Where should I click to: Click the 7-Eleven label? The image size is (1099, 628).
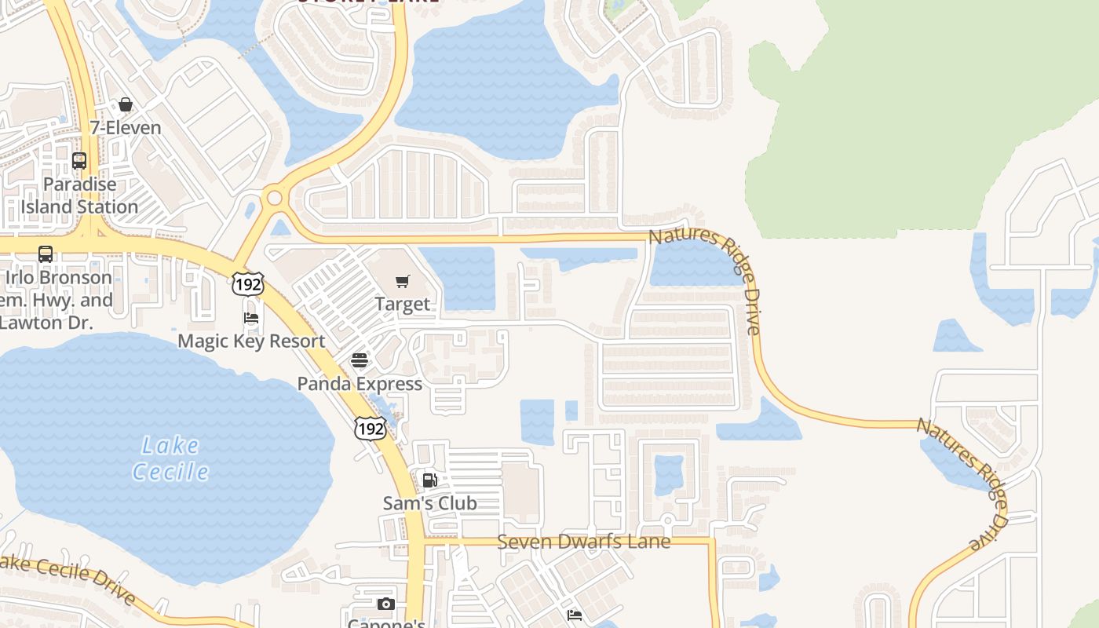click(x=126, y=128)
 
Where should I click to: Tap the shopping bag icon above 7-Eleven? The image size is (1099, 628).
click(x=126, y=104)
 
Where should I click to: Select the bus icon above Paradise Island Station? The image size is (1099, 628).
click(x=79, y=161)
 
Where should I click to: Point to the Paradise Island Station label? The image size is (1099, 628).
click(x=79, y=195)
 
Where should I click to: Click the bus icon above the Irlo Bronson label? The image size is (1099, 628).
click(x=46, y=254)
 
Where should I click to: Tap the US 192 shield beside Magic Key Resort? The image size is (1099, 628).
click(x=247, y=283)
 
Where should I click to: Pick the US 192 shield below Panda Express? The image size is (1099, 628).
click(x=370, y=428)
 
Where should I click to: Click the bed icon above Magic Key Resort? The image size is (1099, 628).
click(x=251, y=318)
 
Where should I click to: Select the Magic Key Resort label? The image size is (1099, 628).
click(x=251, y=341)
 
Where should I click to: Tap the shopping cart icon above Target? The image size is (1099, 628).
click(x=403, y=281)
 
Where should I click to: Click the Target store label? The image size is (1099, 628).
click(x=403, y=304)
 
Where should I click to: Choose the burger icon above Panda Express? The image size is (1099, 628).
click(x=360, y=360)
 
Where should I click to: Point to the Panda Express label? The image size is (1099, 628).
click(x=360, y=384)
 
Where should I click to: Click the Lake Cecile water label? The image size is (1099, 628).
click(x=170, y=458)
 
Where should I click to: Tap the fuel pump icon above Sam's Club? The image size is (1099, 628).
click(x=429, y=480)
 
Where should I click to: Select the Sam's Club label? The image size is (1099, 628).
click(x=429, y=503)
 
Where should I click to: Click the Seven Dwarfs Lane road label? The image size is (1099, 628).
click(x=584, y=542)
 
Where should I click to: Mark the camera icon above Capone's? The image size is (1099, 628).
click(x=385, y=604)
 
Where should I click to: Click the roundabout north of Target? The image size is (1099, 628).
click(x=274, y=197)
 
